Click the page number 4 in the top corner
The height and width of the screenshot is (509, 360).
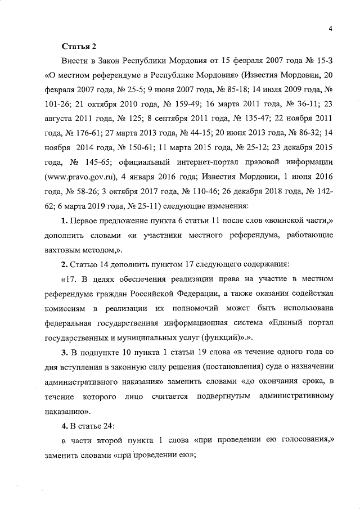pos(332,30)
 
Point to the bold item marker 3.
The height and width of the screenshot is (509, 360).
pos(65,352)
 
